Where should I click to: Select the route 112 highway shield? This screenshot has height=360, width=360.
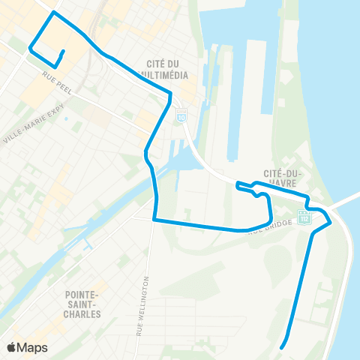tap(303, 217)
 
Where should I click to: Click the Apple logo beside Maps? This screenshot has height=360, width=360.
tap(12, 346)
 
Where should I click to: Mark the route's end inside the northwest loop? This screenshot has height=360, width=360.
tap(63, 51)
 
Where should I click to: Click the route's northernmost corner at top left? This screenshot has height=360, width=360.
tap(52, 13)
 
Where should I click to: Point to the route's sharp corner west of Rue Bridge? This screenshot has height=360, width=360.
tap(154, 220)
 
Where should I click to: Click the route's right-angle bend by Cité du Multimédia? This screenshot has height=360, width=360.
tap(171, 93)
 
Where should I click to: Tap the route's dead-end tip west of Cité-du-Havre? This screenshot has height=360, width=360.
tap(237, 184)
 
